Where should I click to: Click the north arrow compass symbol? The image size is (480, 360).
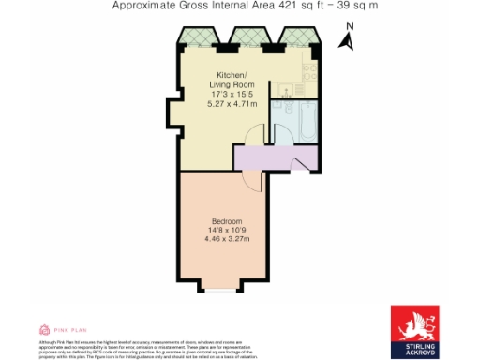pyautogui.click(x=346, y=42)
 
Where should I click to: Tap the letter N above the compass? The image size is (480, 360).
pyautogui.click(x=348, y=28)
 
